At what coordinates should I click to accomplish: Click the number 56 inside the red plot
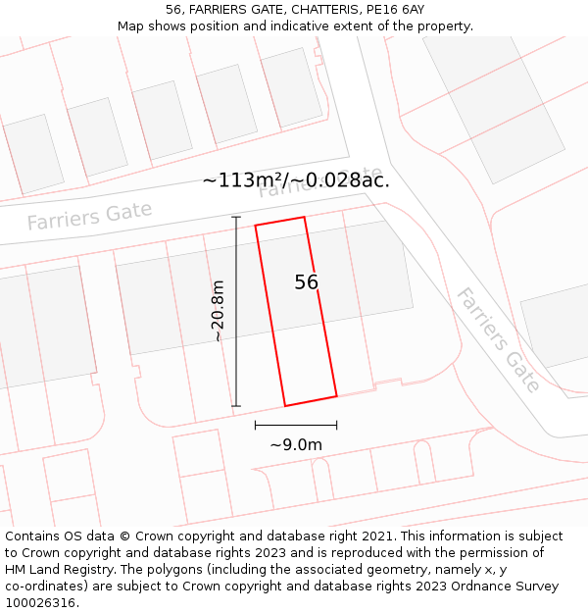tap(307, 282)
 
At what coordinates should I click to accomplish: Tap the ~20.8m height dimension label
tap(218, 311)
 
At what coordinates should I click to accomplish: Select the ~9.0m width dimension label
tap(296, 444)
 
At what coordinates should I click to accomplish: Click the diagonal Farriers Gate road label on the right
tap(499, 339)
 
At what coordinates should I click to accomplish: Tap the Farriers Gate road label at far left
tap(89, 216)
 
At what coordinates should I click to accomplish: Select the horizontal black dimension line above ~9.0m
tap(296, 425)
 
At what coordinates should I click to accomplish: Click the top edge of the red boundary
tap(280, 222)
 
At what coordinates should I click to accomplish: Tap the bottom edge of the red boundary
tap(311, 401)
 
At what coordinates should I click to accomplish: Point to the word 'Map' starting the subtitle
tap(132, 26)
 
